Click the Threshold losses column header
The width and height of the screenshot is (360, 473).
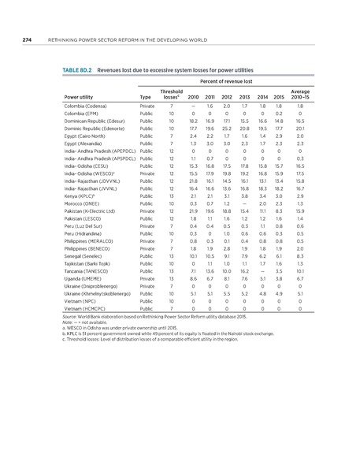(171, 95)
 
